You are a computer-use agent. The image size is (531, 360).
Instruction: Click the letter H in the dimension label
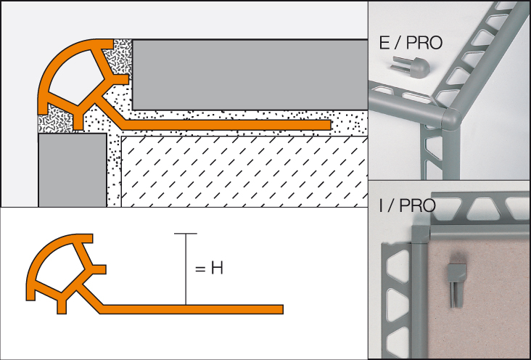point(217,268)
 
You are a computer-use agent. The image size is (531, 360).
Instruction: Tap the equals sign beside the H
point(200,269)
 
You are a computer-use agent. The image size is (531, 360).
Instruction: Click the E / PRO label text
point(411,43)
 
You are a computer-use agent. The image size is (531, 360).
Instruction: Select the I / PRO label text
point(407,205)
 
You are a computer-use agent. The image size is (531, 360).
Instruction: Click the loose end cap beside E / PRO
point(411,67)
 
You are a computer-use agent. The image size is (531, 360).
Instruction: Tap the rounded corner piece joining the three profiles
point(451,119)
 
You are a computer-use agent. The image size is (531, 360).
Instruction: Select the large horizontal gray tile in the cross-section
point(250,75)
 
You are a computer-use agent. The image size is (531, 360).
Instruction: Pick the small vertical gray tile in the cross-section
point(73,170)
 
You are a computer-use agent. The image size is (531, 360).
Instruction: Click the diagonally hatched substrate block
point(244,171)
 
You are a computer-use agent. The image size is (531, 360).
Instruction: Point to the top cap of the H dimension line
point(186,234)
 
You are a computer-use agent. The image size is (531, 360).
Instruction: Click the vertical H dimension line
point(186,269)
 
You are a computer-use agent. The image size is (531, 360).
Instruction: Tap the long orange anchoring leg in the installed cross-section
point(226,125)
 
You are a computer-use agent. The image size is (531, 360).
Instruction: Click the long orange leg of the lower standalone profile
point(192,309)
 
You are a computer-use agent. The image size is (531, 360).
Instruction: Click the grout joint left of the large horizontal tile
point(119,57)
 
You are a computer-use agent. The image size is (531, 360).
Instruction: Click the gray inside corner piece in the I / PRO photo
point(421,234)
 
